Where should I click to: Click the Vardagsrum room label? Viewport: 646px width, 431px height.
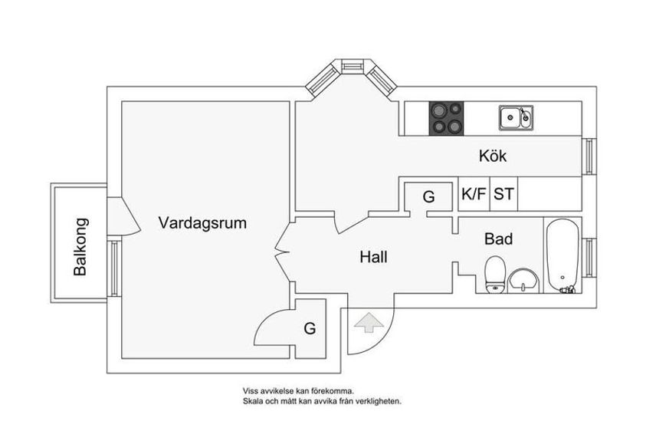coord(202,223)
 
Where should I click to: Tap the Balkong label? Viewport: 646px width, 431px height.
coord(80,247)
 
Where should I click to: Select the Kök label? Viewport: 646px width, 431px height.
coord(493,156)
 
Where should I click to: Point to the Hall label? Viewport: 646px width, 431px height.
coord(374,257)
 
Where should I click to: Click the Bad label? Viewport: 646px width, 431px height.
coord(499,239)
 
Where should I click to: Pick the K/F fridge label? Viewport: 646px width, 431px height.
coord(474,193)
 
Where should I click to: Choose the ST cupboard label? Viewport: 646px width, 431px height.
coord(504,193)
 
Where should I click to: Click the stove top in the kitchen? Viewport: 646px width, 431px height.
coord(446,118)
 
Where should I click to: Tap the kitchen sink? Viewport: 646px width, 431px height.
coord(516,117)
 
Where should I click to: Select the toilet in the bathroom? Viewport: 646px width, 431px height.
coord(495,275)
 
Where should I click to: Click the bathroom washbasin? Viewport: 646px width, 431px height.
coord(523,281)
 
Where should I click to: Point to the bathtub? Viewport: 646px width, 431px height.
coord(562,255)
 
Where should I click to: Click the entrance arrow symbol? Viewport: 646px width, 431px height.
coord(369,322)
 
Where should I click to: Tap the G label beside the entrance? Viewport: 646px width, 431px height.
coord(310,329)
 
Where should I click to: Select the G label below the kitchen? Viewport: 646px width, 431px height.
coord(429,197)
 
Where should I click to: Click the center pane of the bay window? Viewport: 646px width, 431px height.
coord(353,67)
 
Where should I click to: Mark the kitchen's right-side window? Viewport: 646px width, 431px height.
coord(589,156)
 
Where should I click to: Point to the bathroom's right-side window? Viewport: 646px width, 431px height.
coord(589,258)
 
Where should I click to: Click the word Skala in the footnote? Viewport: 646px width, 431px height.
coord(251,401)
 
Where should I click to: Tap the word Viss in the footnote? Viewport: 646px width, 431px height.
coord(249,391)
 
